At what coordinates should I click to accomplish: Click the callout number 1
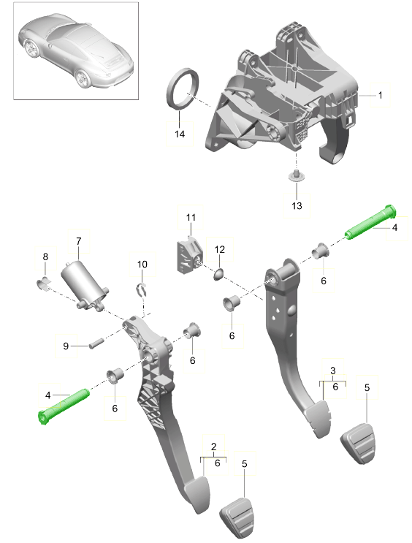tap(380, 95)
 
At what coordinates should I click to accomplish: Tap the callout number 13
tap(297, 205)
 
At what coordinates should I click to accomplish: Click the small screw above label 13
tap(297, 175)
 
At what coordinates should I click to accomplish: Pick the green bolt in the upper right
tap(370, 222)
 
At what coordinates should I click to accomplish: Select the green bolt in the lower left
tap(64, 406)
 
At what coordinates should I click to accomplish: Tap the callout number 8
tap(45, 257)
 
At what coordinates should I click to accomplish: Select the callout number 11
tap(191, 217)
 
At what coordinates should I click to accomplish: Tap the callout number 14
tap(180, 134)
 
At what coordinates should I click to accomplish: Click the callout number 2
tap(213, 447)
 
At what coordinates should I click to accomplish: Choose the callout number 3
tap(333, 371)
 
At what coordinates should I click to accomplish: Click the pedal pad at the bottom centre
tap(237, 517)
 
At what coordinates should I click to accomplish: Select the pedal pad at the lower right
tap(359, 444)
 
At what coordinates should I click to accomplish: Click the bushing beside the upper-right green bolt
tap(321, 251)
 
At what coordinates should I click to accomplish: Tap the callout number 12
tap(219, 249)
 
